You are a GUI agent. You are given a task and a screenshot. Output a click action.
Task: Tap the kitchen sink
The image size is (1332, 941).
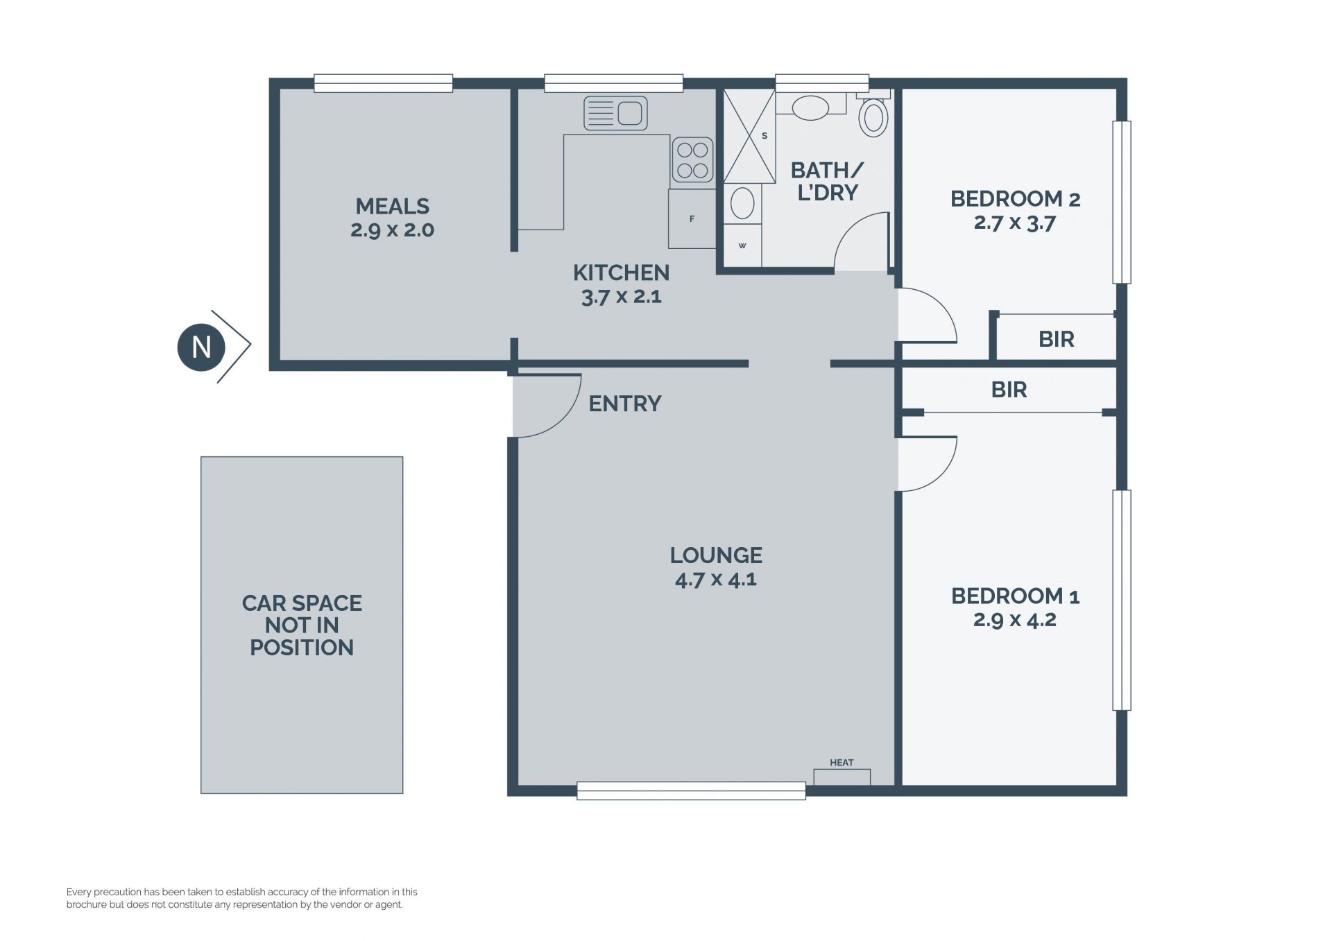click(x=615, y=113)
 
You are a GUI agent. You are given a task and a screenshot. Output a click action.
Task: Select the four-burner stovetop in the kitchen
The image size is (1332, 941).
click(x=692, y=160)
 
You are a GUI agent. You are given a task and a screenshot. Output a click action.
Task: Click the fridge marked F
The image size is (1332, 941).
click(x=692, y=218)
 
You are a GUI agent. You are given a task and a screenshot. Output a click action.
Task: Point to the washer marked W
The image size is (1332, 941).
click(x=742, y=245)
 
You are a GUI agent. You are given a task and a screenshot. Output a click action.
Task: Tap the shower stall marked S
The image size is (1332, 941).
click(x=749, y=136)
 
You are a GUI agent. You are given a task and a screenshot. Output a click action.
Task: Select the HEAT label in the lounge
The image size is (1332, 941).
click(x=842, y=763)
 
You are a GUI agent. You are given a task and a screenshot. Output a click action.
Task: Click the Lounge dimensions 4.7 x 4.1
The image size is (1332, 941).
click(x=716, y=579)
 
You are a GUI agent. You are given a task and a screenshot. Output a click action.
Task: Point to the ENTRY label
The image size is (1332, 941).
click(x=625, y=404)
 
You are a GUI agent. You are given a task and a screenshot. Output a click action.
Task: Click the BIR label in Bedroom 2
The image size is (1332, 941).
click(x=1057, y=339)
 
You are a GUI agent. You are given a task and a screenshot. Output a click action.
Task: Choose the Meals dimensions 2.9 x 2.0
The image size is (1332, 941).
click(x=392, y=230)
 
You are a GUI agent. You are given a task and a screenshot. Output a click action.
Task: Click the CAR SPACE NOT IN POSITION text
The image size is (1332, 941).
click(x=302, y=625)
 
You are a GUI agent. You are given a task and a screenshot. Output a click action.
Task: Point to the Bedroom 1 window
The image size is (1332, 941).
click(x=1122, y=601)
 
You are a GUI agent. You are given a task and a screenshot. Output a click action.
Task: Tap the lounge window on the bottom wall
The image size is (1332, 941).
click(x=692, y=791)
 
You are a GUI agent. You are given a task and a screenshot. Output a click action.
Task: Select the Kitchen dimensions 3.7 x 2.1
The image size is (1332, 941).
click(x=621, y=297)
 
